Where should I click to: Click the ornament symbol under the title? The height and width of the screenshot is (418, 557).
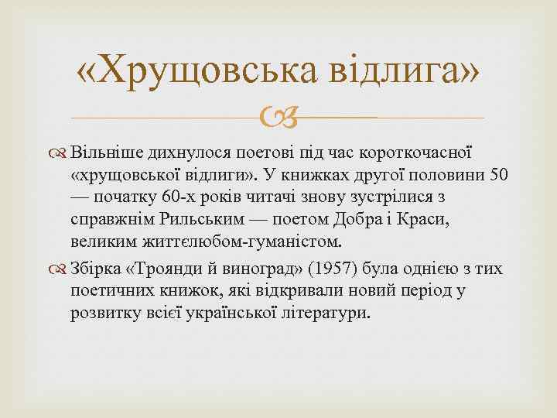pos(278,118)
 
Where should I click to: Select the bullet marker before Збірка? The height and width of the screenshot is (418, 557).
pos(60,269)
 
